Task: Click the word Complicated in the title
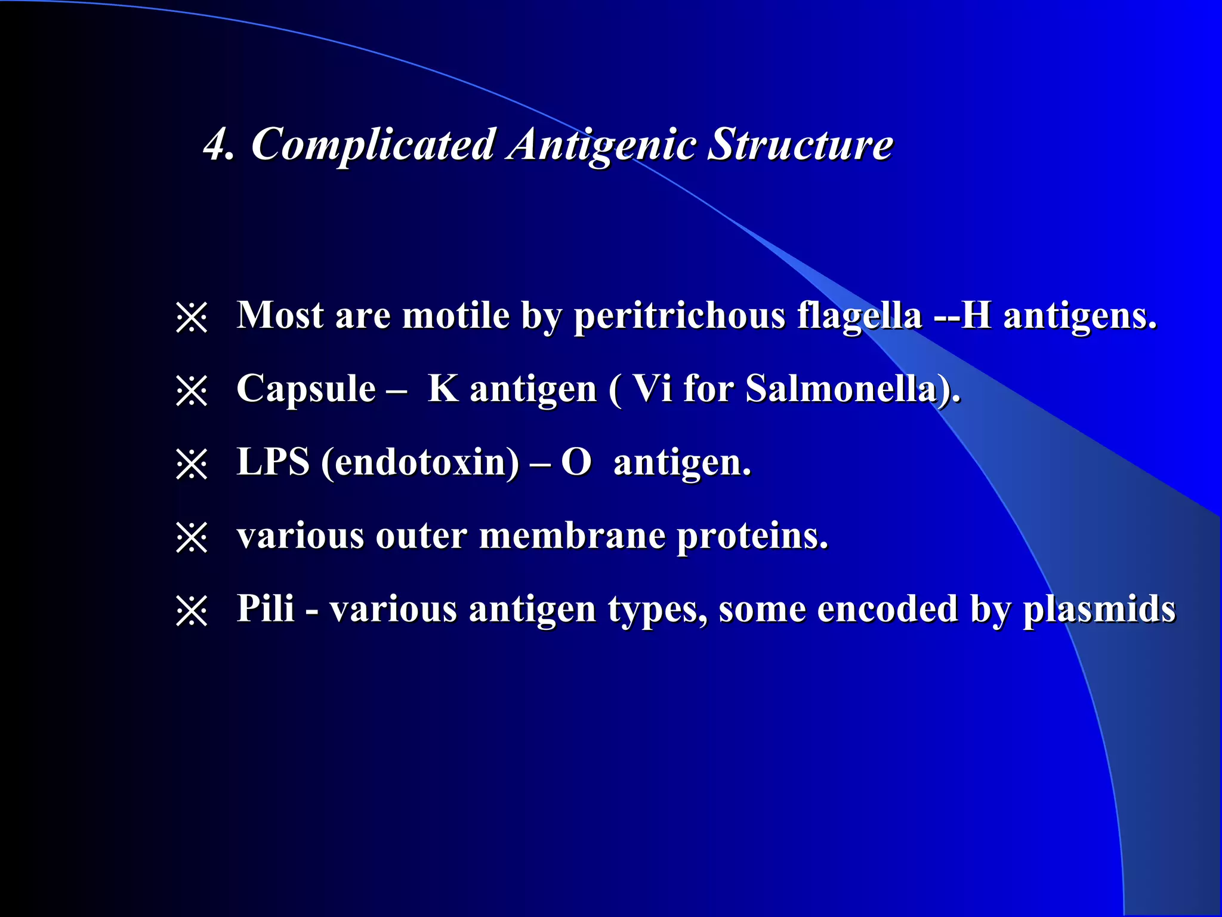(372, 145)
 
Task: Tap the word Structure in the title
(800, 145)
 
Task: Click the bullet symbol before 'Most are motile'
(192, 317)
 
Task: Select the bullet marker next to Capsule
(192, 391)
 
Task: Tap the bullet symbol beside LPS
(192, 464)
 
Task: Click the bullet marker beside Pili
(192, 611)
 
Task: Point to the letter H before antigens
(976, 315)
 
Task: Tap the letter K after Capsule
(443, 389)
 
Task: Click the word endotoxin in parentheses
(421, 463)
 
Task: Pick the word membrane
(572, 536)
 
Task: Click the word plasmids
(1099, 610)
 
